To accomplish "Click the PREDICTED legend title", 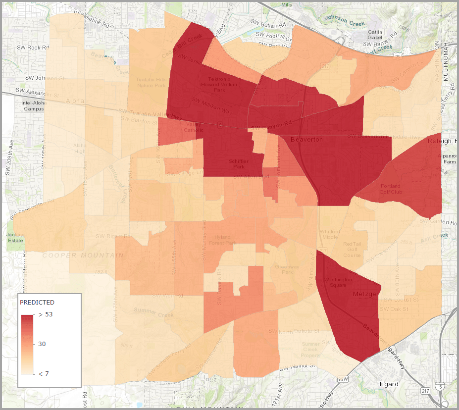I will (37, 302).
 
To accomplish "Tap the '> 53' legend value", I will (46, 314).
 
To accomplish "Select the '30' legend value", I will (42, 344).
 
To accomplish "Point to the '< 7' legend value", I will (44, 374).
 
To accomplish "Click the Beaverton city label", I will (306, 140).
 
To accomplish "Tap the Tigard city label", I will (388, 384).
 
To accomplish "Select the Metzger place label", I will (365, 294).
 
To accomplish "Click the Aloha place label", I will (73, 101).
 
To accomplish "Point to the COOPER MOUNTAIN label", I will (83, 256).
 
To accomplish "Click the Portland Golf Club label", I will (390, 189).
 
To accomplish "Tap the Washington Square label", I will (338, 282).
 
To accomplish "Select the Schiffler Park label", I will (239, 164).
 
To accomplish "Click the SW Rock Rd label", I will (33, 48).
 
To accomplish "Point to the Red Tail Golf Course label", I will (353, 249).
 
